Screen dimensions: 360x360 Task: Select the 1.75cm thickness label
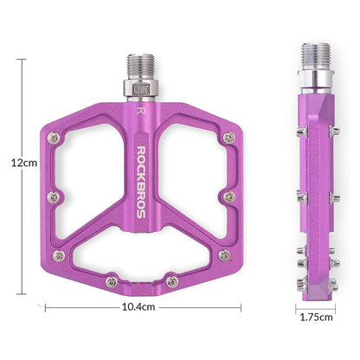(x=314, y=316)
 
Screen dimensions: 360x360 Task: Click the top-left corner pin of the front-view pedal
(x=55, y=138)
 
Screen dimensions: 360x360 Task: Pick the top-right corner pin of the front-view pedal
(x=228, y=138)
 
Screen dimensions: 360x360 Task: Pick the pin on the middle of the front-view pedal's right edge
(x=228, y=197)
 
